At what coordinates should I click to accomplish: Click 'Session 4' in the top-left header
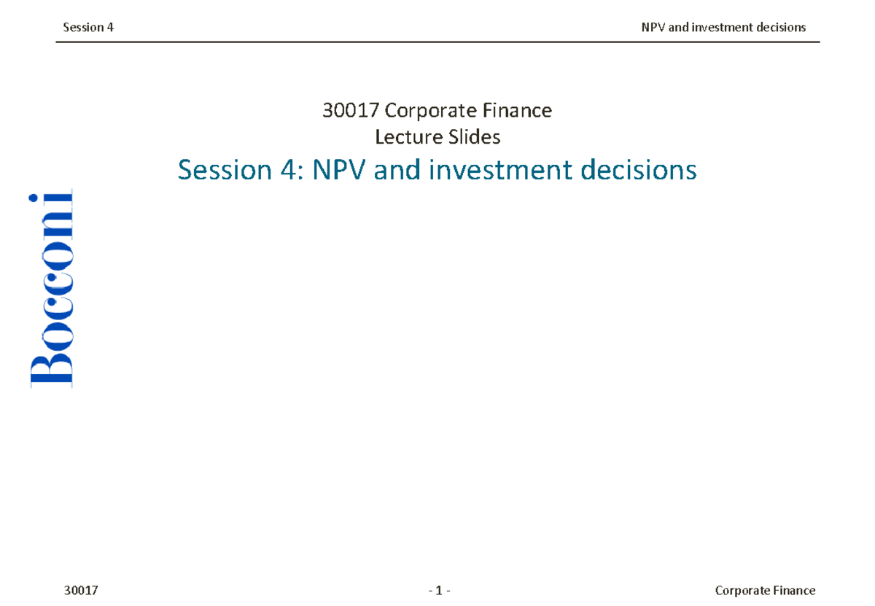pyautogui.click(x=88, y=28)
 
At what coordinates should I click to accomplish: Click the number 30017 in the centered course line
pyautogui.click(x=351, y=111)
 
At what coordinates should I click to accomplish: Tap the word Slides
pyautogui.click(x=475, y=136)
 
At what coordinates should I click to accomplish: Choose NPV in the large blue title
pyautogui.click(x=339, y=171)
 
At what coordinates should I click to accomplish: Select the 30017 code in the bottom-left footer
pyautogui.click(x=82, y=590)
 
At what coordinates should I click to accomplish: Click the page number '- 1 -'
pyautogui.click(x=440, y=590)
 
